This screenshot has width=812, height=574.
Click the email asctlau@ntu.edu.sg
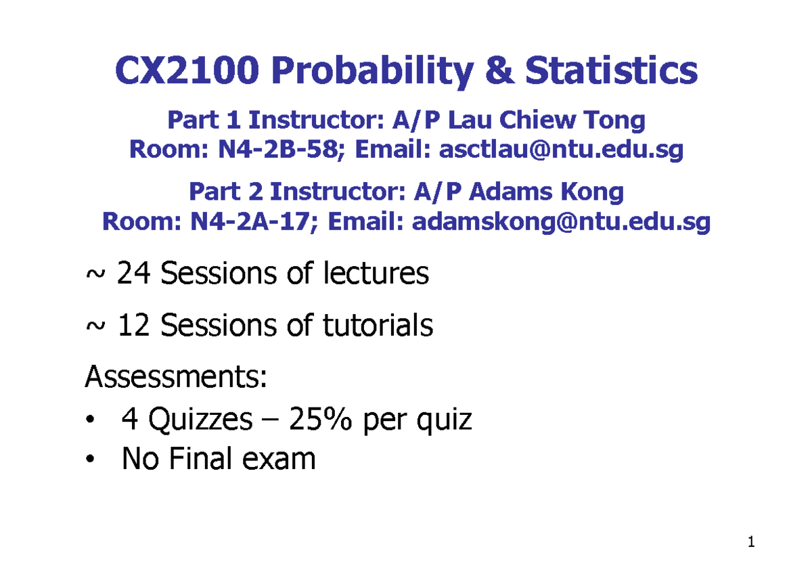[561, 150]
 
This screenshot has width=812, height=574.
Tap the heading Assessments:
[175, 376]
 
